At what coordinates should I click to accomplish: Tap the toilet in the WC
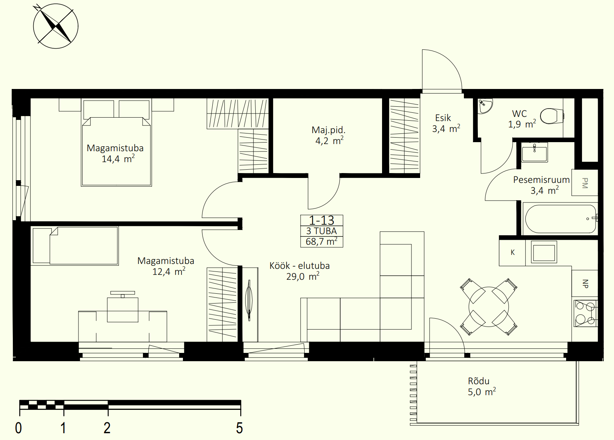551,116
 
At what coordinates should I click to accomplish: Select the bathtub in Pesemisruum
561,219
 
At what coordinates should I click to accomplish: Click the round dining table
489,307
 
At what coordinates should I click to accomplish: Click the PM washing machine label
585,183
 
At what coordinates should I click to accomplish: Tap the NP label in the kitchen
585,284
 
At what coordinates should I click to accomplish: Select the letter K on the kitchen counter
513,252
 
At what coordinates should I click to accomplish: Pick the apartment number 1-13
322,220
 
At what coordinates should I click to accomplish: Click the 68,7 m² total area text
322,241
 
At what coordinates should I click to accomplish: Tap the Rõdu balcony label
479,381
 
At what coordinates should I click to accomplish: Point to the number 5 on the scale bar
239,428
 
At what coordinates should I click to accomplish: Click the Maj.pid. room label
328,130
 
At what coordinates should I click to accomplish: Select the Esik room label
443,118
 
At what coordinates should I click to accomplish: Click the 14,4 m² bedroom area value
118,159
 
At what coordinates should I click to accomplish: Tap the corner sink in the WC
485,106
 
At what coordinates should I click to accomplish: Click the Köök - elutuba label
299,265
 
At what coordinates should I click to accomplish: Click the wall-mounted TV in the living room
249,300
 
